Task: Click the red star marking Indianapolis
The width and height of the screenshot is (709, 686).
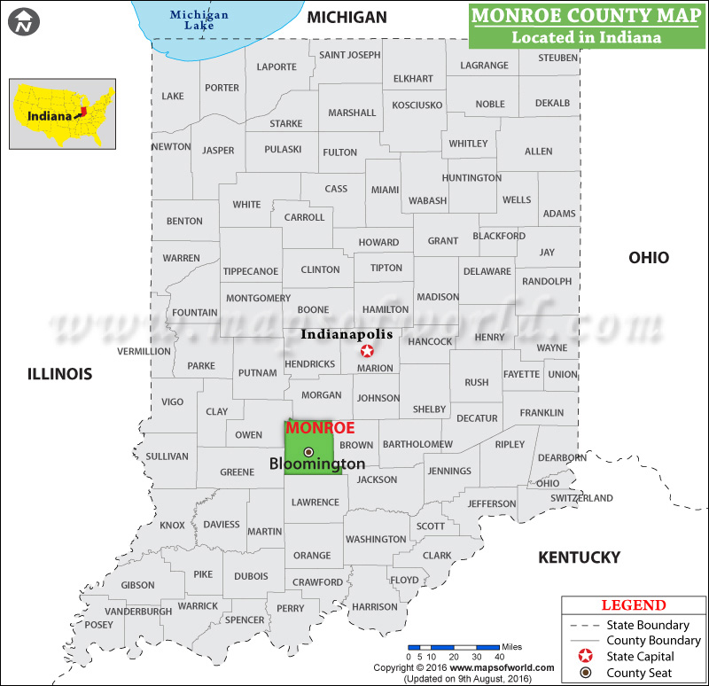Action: [x=367, y=351]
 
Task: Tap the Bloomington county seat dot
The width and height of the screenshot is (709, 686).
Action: [x=308, y=452]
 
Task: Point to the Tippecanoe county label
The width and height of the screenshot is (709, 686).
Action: [x=251, y=271]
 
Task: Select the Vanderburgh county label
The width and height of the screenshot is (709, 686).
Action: [x=138, y=612]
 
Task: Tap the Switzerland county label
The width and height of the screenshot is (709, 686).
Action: [x=581, y=498]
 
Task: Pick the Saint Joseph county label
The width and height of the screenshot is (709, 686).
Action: [x=350, y=55]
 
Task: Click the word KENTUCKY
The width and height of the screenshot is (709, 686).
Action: [x=580, y=557]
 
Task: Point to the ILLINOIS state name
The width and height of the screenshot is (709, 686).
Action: [x=59, y=374]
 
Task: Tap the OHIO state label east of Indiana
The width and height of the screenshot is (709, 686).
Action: [x=649, y=258]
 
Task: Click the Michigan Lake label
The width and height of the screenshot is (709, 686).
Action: [x=199, y=20]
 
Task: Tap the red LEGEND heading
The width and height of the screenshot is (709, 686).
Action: [x=634, y=605]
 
